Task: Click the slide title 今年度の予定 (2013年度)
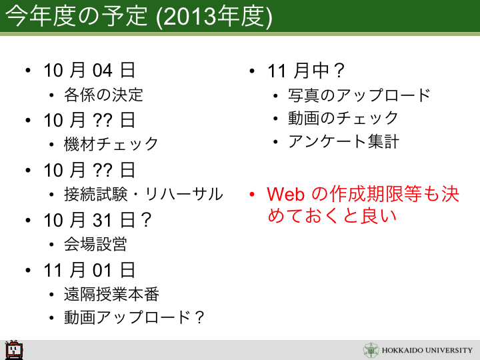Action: [139, 16]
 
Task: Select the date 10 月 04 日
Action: [89, 70]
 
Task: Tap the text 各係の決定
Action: [103, 95]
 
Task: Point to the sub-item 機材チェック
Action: [111, 144]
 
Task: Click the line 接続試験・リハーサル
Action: [143, 194]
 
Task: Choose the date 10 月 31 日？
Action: [97, 220]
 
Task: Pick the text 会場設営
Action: [95, 244]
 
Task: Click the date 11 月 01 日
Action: [89, 270]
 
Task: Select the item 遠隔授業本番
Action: [111, 294]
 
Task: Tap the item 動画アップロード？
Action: [134, 317]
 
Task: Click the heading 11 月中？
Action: [306, 71]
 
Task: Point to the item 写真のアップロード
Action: [359, 95]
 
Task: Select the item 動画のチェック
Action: [343, 118]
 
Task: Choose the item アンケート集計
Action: [343, 141]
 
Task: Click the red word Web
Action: [285, 194]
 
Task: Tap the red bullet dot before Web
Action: [252, 195]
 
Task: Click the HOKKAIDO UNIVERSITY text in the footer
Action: [427, 350]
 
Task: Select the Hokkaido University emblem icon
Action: [371, 350]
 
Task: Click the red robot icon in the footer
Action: [14, 349]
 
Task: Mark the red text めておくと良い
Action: [332, 215]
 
